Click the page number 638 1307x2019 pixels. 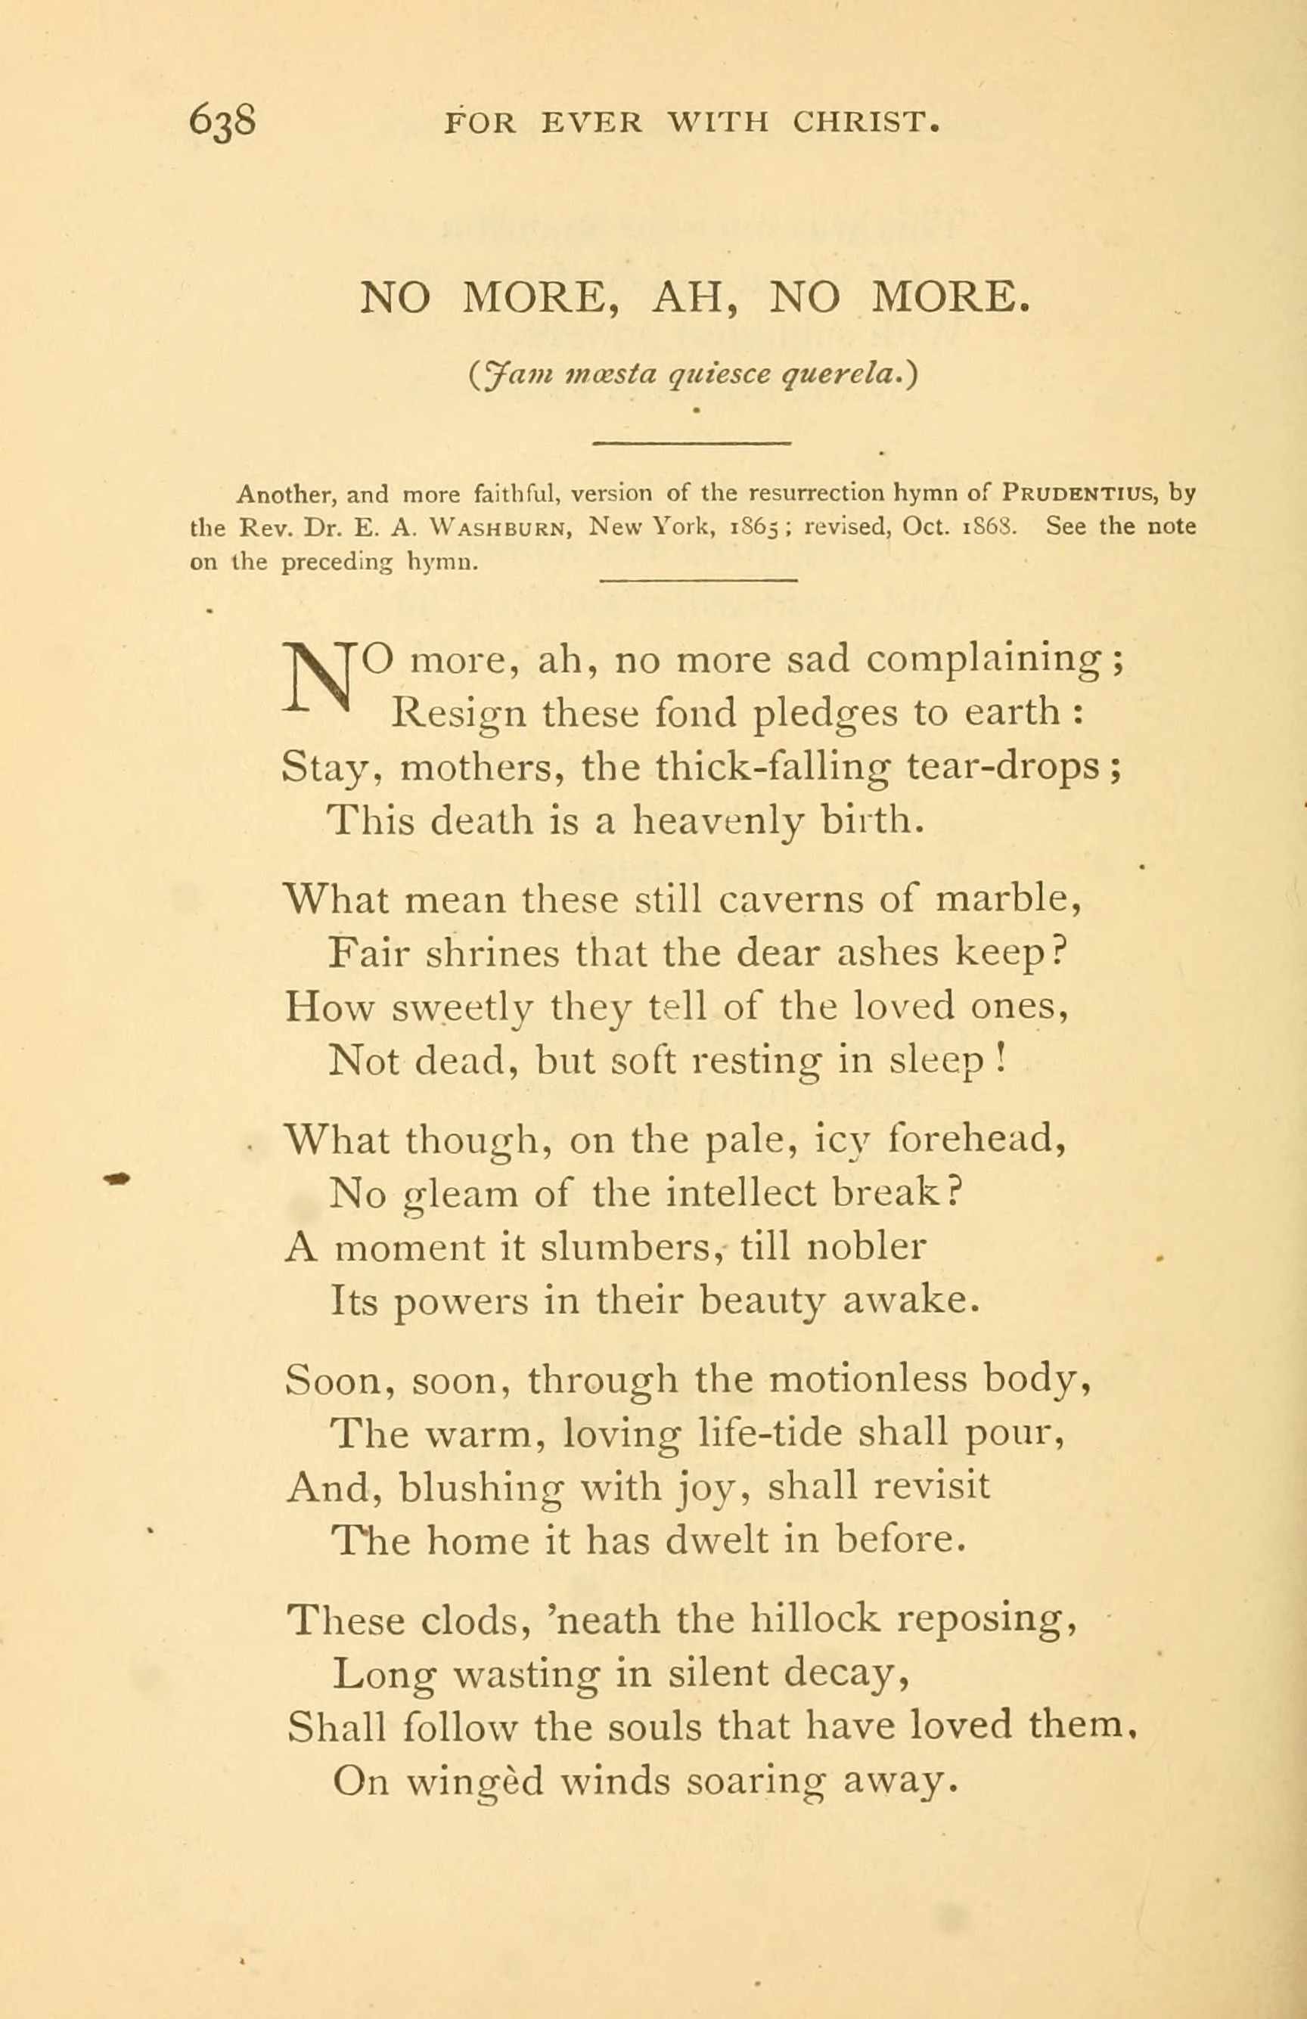(222, 121)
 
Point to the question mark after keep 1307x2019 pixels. (1057, 953)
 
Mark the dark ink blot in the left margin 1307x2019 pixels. (117, 1177)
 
